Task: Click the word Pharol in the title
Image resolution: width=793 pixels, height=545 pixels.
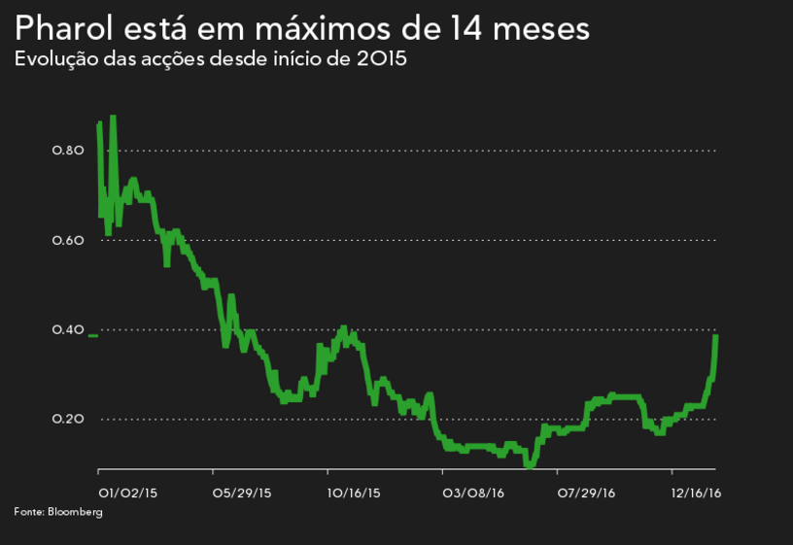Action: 65,28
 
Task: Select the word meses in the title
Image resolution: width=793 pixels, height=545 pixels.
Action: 539,28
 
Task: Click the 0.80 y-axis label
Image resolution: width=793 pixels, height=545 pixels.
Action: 69,151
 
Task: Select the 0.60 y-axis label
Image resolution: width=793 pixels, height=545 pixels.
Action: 69,240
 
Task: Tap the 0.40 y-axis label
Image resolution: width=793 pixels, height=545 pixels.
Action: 69,330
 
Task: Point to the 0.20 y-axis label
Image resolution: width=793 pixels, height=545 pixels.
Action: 69,420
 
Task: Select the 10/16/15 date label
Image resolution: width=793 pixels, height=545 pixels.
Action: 354,494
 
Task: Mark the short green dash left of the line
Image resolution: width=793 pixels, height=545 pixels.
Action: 92,335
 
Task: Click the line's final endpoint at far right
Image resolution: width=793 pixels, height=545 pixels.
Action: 716,336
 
